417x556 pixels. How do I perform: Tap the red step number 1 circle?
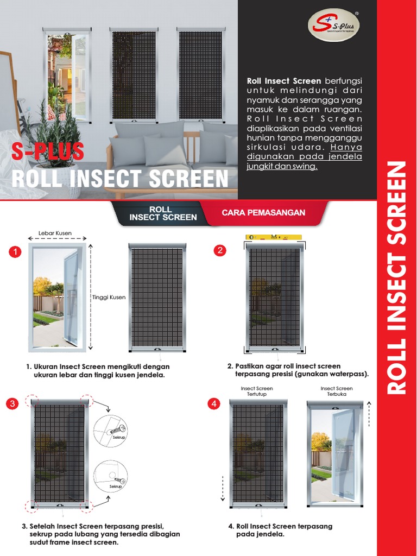15,252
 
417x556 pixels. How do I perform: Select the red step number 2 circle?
219,250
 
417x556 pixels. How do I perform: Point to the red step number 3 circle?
12,404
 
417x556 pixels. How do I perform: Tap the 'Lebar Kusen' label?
55,233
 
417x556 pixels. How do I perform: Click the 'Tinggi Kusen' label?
109,297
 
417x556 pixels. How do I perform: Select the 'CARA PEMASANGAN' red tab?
263,213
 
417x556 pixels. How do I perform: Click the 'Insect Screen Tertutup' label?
257,391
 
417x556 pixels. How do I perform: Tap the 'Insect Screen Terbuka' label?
336,391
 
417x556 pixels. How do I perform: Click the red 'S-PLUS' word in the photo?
48,152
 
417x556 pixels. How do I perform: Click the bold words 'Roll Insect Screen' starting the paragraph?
283,81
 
